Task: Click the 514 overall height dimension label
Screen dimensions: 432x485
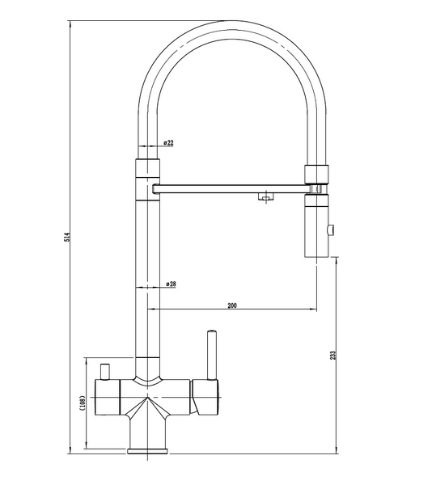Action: [x=69, y=237]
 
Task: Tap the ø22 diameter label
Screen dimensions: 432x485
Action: [x=168, y=142]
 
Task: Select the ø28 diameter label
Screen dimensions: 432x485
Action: [x=171, y=284]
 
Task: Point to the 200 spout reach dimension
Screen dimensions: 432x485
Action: [x=232, y=306]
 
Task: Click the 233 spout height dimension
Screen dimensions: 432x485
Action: [x=333, y=355]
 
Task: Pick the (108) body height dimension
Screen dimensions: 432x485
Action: [x=82, y=403]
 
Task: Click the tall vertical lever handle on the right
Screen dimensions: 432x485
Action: [x=212, y=355]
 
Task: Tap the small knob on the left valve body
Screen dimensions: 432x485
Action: [x=104, y=372]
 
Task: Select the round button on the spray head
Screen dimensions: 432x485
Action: [x=331, y=230]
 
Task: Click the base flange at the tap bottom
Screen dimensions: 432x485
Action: [x=147, y=451]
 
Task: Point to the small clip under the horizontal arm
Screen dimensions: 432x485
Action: [x=265, y=196]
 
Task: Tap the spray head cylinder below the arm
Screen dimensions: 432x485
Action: [x=316, y=226]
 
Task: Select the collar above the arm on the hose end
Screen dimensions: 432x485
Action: [x=316, y=175]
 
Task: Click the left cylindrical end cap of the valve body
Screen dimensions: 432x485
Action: [x=107, y=397]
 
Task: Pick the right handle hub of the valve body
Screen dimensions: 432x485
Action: [x=205, y=397]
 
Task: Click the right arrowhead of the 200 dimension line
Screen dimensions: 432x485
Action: [x=313, y=309]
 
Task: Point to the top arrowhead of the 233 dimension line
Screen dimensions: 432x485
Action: [x=336, y=260]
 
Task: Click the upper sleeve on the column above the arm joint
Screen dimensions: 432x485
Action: [x=147, y=168]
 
